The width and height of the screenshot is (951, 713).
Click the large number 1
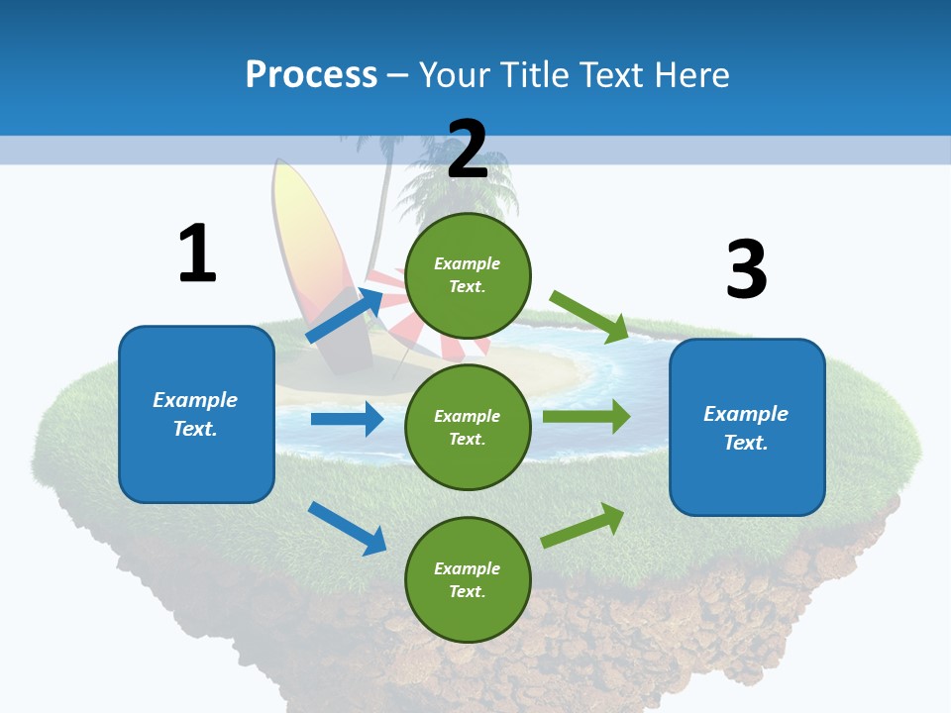pyautogui.click(x=197, y=254)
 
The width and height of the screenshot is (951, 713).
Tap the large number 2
pyautogui.click(x=468, y=150)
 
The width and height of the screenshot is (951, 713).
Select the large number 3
pyautogui.click(x=746, y=270)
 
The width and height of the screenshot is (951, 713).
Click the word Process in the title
pyautogui.click(x=311, y=74)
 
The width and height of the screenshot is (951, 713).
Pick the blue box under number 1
pyautogui.click(x=196, y=414)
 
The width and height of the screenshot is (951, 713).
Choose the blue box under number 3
pyautogui.click(x=747, y=427)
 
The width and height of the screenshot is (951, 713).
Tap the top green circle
pyautogui.click(x=468, y=275)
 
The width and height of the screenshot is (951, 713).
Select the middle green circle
pyautogui.click(x=468, y=427)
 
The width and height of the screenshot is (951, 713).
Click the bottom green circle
pyautogui.click(x=468, y=579)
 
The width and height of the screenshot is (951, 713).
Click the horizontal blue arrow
pyautogui.click(x=347, y=419)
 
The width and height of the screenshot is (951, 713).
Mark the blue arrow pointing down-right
pyautogui.click(x=347, y=528)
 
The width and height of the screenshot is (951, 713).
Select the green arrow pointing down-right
pyautogui.click(x=589, y=316)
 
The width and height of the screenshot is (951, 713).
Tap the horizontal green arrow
pyautogui.click(x=585, y=416)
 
